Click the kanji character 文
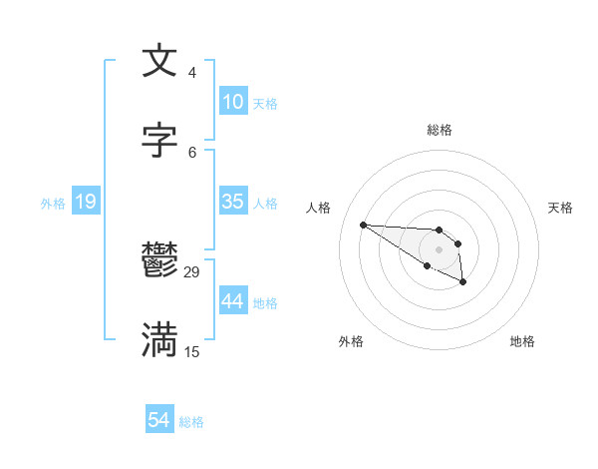tap(159, 61)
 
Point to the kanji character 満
tap(159, 340)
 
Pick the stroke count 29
tap(192, 271)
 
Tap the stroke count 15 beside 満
tap(192, 351)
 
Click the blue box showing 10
tap(232, 101)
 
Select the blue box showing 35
tap(232, 201)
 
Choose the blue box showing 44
tap(232, 300)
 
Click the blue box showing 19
tap(85, 202)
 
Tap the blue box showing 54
tap(159, 420)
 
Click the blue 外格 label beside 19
tap(53, 203)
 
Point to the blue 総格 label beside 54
tap(191, 421)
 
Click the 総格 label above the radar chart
tap(440, 130)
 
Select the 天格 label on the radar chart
tap(560, 208)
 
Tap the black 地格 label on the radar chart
tap(522, 341)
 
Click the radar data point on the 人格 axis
tap(363, 225)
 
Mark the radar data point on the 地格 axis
tap(463, 283)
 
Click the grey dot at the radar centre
tap(440, 248)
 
